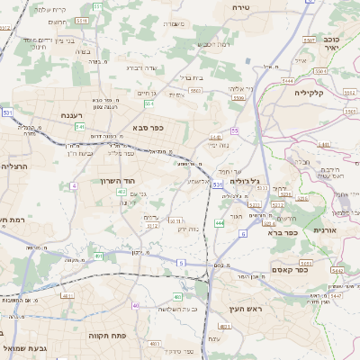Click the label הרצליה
pos(15,166)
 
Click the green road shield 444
pos(220,222)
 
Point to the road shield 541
pos(81,127)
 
